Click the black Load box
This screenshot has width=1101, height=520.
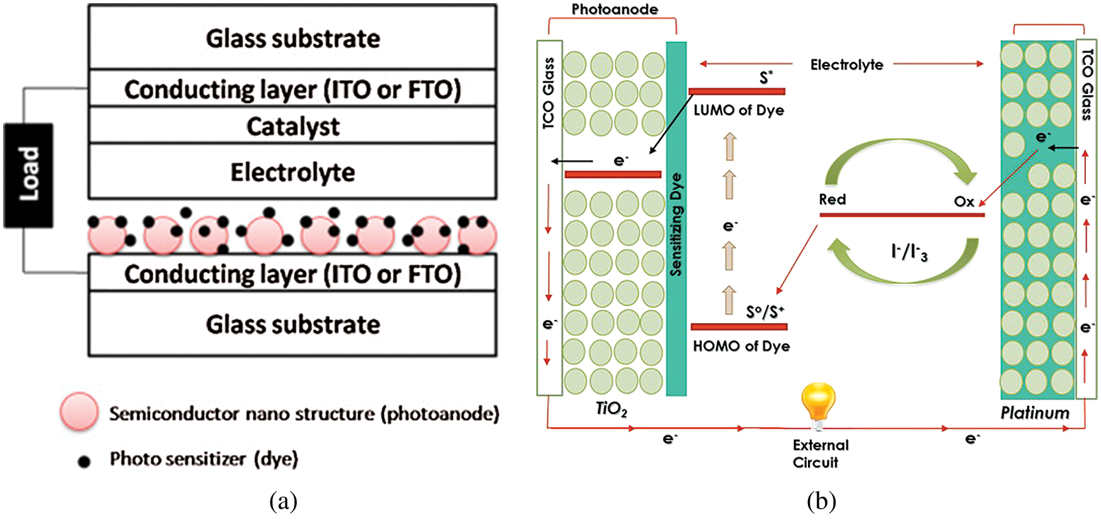click(28, 175)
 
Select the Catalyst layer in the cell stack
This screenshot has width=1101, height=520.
click(292, 125)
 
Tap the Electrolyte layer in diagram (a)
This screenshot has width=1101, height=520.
click(292, 172)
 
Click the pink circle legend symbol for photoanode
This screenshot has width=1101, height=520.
click(79, 412)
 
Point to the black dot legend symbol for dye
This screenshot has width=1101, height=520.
click(84, 462)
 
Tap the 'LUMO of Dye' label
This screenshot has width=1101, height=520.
click(738, 110)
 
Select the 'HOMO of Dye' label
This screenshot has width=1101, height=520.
click(741, 346)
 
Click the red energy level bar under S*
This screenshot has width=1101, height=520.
click(737, 92)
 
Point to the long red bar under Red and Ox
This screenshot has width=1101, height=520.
click(902, 215)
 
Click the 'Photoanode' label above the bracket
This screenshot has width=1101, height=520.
click(615, 9)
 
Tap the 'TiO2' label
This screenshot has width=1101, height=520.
click(611, 410)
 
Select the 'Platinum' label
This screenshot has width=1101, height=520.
click(1035, 413)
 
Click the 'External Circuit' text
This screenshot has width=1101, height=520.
click(821, 454)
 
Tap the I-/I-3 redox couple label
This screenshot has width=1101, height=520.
click(909, 252)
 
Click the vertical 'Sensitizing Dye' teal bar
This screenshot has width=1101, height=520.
click(677, 218)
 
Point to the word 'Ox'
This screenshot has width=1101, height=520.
click(964, 201)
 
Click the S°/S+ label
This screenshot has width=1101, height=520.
click(765, 312)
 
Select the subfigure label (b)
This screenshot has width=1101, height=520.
click(821, 502)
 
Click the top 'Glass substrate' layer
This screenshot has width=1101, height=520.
click(292, 38)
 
